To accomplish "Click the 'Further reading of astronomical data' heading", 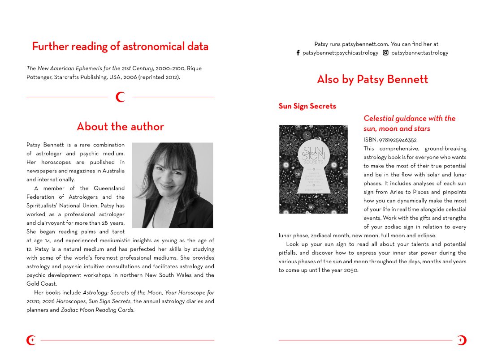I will pyautogui.click(x=120, y=47).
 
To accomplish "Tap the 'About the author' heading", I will pyautogui.click(x=120, y=127).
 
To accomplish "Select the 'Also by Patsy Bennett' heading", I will pyautogui.click(x=372, y=80).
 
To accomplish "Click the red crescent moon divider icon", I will pyautogui.click(x=120, y=97).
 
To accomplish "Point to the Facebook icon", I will pyautogui.click(x=298, y=53).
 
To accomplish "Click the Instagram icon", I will pyautogui.click(x=385, y=53).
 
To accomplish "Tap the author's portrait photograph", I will pyautogui.click(x=173, y=185).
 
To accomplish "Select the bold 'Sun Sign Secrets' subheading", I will pyautogui.click(x=307, y=107).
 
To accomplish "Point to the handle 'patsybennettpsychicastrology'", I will pyautogui.click(x=340, y=53).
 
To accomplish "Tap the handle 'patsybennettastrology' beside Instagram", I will pyautogui.click(x=419, y=53).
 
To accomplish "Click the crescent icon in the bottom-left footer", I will pyautogui.click(x=31, y=340).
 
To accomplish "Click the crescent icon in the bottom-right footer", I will pyautogui.click(x=462, y=340).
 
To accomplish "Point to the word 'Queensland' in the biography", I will pyautogui.click(x=109, y=189).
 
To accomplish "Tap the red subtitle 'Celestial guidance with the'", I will pyautogui.click(x=409, y=119).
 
